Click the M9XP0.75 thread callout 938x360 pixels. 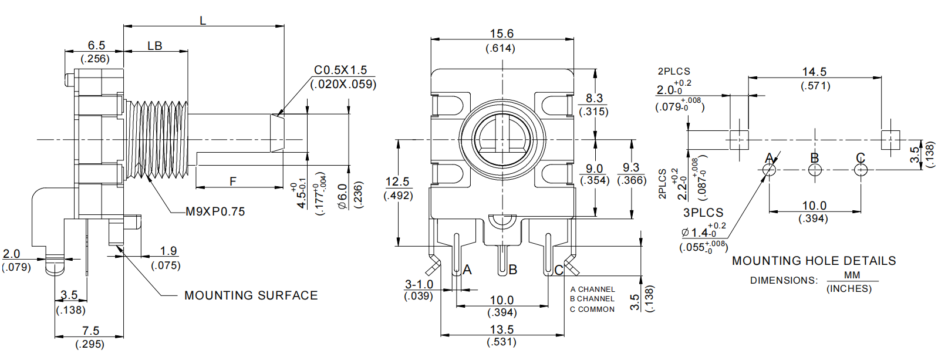tap(215, 211)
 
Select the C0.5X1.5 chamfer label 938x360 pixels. tap(340, 70)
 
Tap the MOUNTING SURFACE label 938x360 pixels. tap(251, 295)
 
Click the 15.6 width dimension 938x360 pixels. tap(501, 33)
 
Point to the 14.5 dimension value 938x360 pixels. tap(814, 72)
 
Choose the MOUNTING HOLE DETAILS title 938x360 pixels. tap(814, 261)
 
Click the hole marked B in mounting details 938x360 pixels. tap(815, 170)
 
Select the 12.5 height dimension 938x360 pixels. tap(397, 181)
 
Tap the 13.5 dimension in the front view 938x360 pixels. tap(501, 329)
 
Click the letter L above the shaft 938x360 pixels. tap(203, 21)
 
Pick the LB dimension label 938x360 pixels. tap(154, 46)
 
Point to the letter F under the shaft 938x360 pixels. tap(233, 181)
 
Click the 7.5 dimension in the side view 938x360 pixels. tap(90, 331)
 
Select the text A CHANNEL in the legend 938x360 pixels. tap(592, 290)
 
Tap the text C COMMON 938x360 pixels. tap(592, 309)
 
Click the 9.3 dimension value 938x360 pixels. tap(631, 168)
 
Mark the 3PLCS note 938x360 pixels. tap(703, 213)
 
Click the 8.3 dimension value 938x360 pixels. tap(594, 98)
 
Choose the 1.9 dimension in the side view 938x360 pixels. tap(168, 251)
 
